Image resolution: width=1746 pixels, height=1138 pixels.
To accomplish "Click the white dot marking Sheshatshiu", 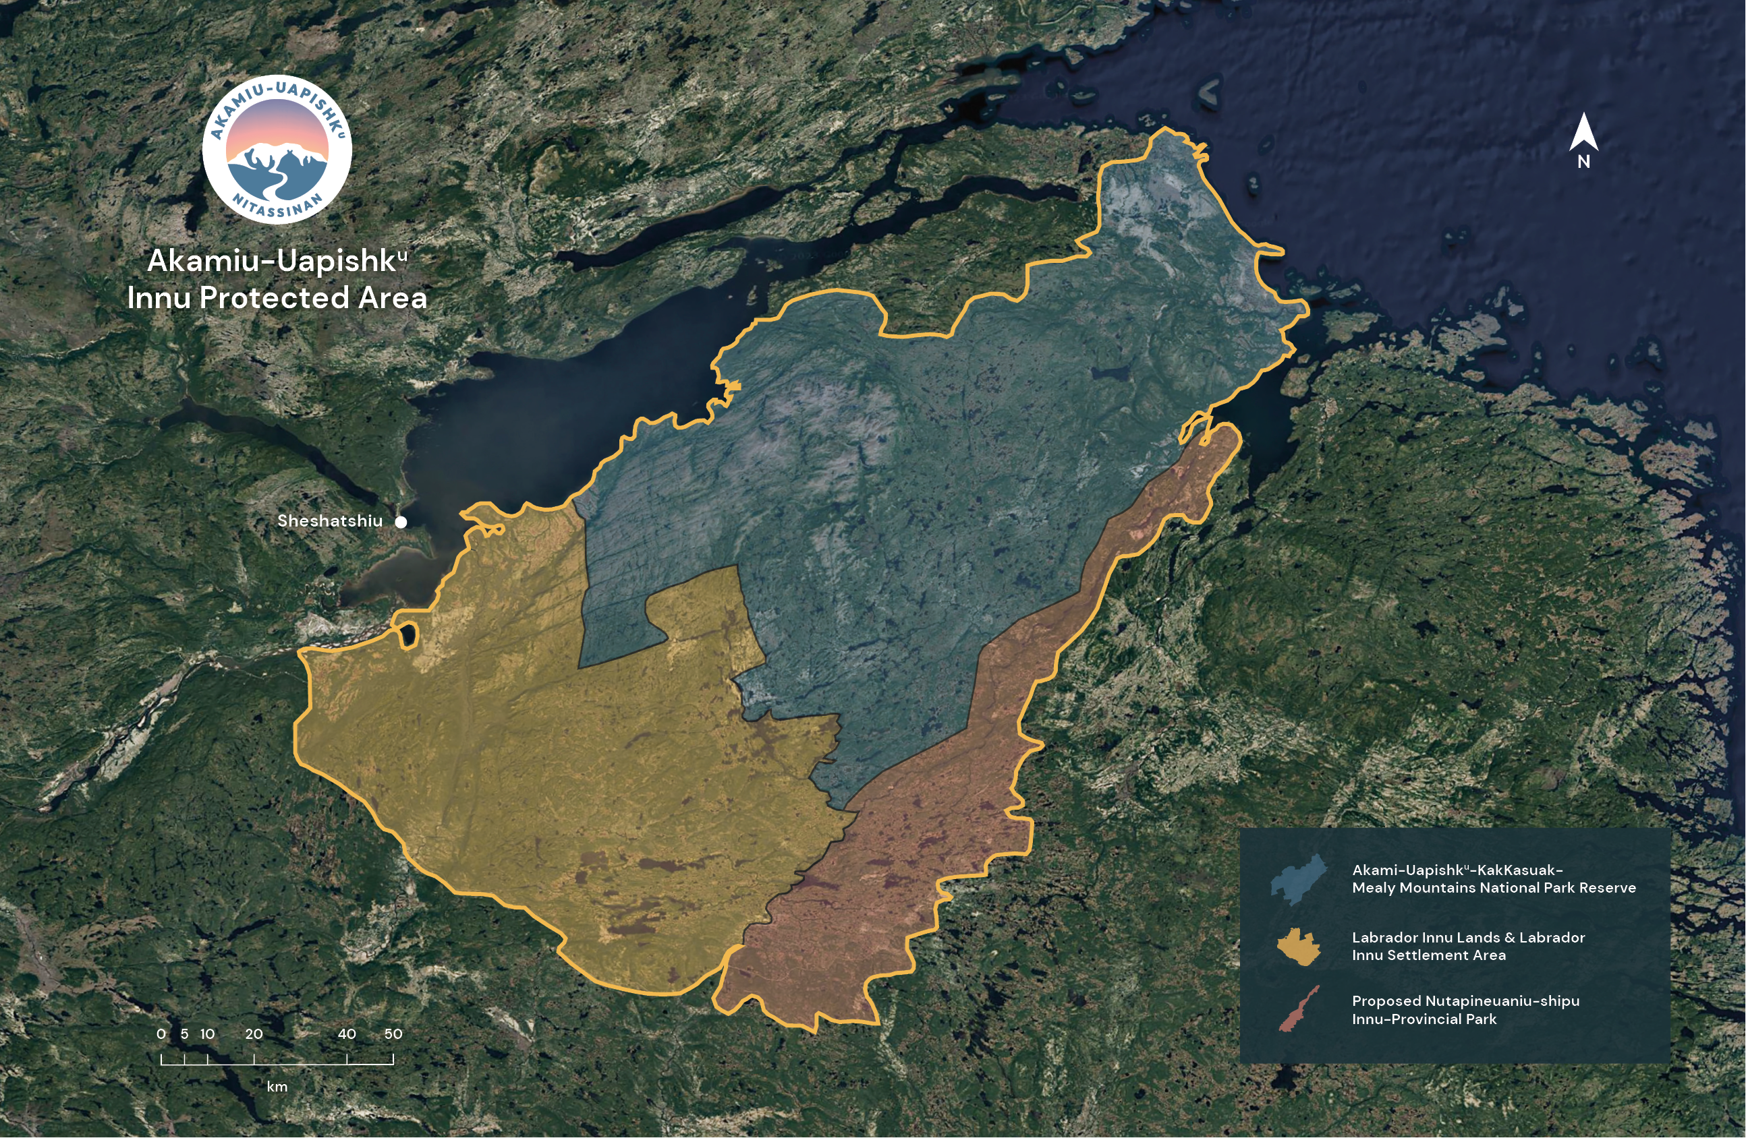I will (x=401, y=522).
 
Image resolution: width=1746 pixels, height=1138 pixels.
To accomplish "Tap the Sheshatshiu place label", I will (x=329, y=521).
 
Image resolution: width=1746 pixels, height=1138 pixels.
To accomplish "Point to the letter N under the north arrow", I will (x=1584, y=162).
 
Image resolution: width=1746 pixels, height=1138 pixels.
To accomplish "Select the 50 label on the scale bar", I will (x=393, y=1034).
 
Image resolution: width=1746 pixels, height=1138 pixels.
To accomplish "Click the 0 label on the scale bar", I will (x=161, y=1034).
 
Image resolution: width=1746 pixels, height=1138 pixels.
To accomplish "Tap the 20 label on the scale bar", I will (x=254, y=1034).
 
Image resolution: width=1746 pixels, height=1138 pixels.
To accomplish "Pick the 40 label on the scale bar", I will (x=347, y=1034).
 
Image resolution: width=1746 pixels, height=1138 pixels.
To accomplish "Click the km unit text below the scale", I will (x=277, y=1087).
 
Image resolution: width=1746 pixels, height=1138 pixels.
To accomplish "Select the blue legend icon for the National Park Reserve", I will (x=1299, y=878).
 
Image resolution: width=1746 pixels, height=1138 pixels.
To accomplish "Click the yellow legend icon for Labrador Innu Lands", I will (x=1299, y=946).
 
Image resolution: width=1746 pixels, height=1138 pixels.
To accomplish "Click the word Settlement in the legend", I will (x=1430, y=955).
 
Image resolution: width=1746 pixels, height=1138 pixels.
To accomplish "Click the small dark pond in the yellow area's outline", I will (x=408, y=635).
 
